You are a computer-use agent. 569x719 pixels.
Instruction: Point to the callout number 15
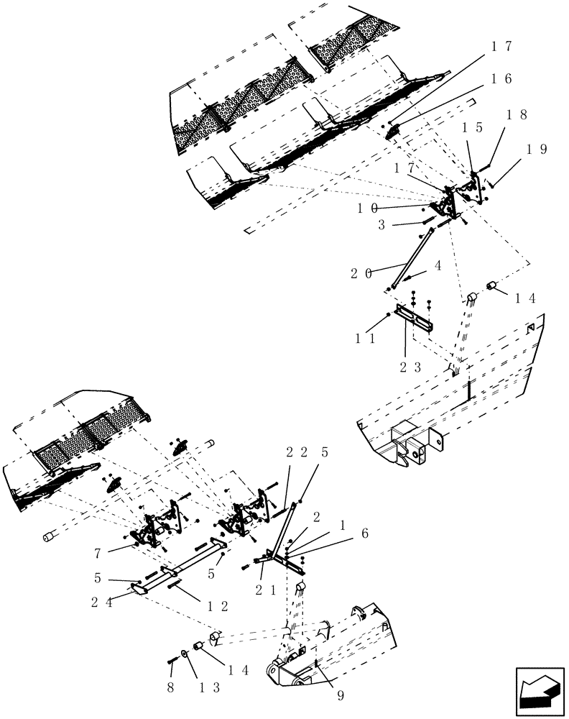tap(472, 127)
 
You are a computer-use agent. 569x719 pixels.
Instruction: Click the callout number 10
tap(369, 208)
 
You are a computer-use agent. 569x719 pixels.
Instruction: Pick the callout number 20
tap(362, 273)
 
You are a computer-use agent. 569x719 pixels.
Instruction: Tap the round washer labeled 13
tap(186, 654)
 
